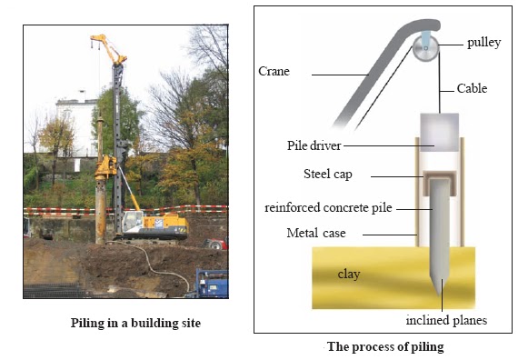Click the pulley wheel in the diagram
(424, 51)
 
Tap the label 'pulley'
(484, 43)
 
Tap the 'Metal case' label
(312, 234)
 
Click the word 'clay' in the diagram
(351, 273)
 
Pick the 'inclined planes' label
(447, 319)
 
